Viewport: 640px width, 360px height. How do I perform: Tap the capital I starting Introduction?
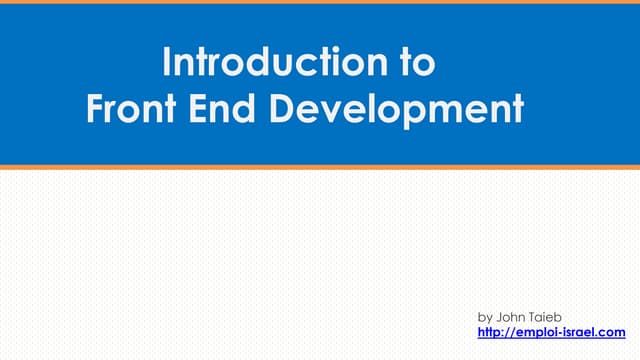tap(167, 64)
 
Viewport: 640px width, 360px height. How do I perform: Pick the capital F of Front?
tap(96, 109)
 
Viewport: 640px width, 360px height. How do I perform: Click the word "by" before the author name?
tap(486, 317)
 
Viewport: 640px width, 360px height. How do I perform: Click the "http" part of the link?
tap(490, 332)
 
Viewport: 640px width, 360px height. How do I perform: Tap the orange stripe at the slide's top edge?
tap(320, 2)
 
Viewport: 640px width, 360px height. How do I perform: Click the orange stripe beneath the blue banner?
tap(320, 167)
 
